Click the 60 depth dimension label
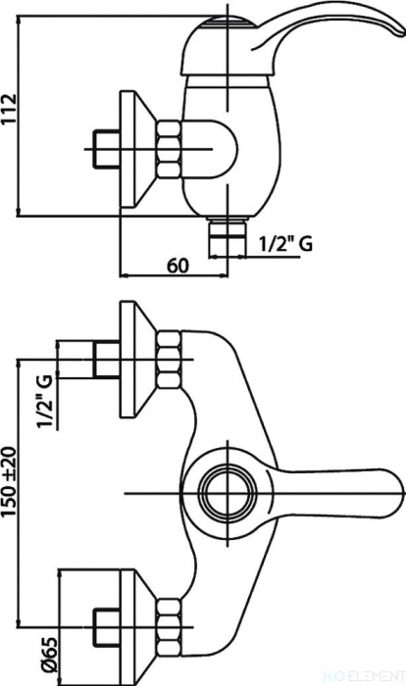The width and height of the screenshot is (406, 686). click(177, 266)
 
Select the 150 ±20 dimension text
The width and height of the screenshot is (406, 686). click(10, 482)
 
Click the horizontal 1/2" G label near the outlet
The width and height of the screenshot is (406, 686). click(286, 243)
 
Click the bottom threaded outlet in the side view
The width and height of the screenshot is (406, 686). click(228, 238)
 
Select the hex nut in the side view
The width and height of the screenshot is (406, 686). click(169, 149)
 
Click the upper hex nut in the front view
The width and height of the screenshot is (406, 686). click(170, 359)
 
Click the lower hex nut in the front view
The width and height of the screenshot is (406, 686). click(170, 627)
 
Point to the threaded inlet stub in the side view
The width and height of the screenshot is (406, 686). click(107, 149)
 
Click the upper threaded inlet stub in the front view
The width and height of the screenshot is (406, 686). click(107, 360)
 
